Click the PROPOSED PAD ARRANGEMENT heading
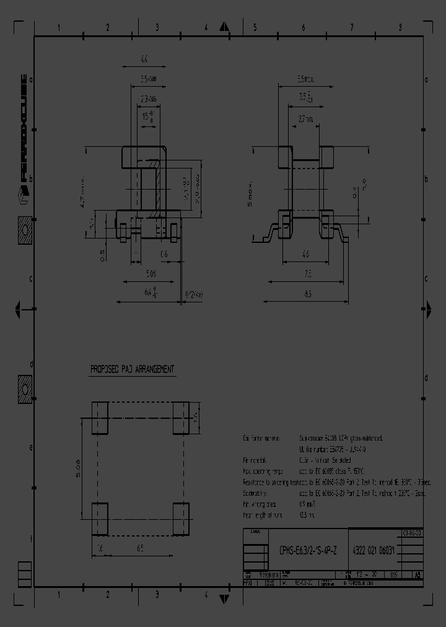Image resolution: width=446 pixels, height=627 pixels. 132,369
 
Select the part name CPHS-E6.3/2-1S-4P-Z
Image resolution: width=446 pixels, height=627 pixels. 307,549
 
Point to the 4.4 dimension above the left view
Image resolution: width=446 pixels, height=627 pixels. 144,59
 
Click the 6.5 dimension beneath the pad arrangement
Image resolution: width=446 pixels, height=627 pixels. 140,548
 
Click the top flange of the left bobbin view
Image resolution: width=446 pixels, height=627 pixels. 144,152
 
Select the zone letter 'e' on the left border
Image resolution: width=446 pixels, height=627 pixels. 32,447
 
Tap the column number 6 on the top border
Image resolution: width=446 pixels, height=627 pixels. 303,28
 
